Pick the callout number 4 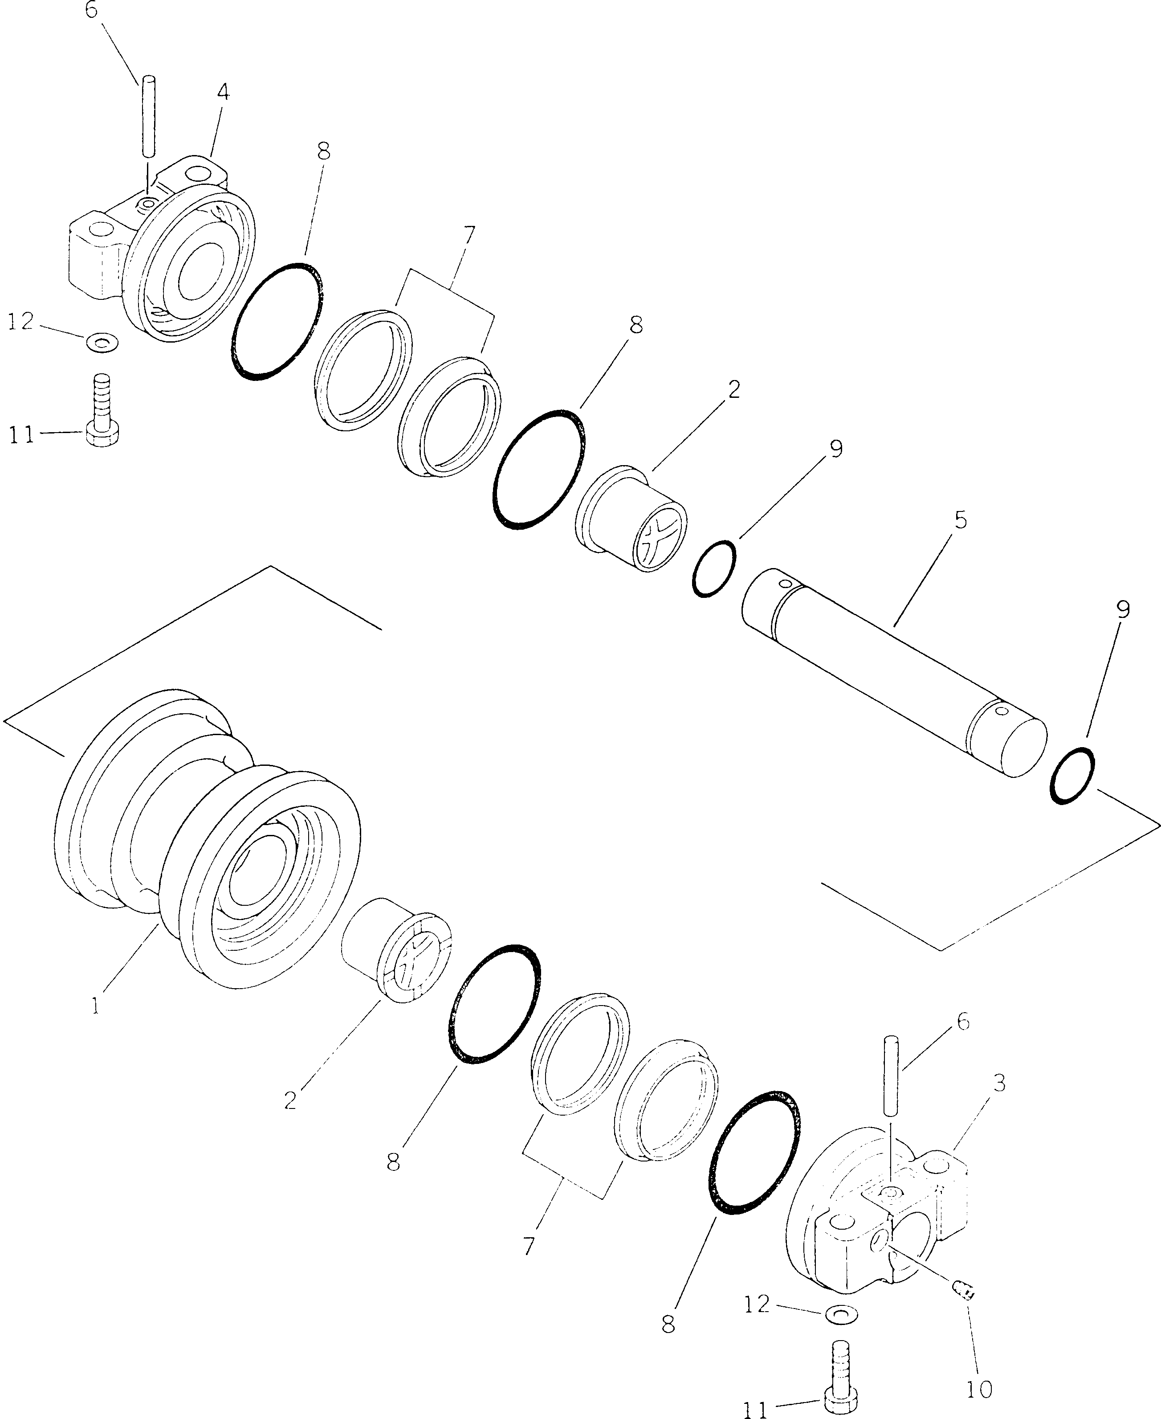(x=224, y=92)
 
